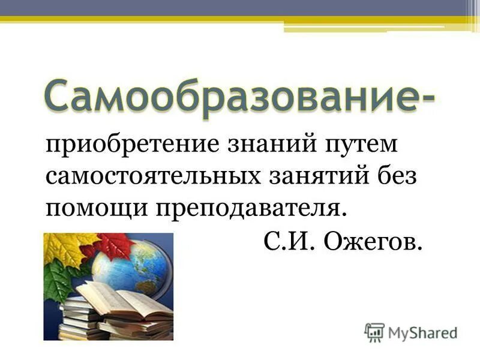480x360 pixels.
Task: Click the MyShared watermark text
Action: click(422, 331)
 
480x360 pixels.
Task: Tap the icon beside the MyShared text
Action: click(374, 331)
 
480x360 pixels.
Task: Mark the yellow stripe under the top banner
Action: click(240, 20)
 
